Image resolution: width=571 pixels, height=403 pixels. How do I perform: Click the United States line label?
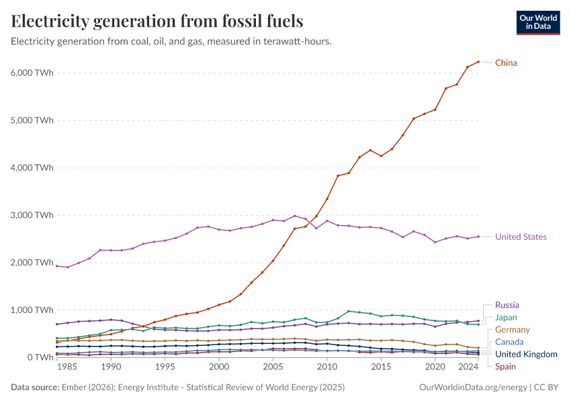tap(521, 237)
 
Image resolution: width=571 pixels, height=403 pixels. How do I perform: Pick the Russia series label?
tap(507, 305)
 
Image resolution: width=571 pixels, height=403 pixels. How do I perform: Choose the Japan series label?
tap(506, 318)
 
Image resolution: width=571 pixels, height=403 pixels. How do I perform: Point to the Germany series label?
tap(512, 330)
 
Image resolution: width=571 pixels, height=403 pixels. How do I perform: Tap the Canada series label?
tap(509, 343)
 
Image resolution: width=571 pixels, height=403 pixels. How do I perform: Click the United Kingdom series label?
tap(526, 354)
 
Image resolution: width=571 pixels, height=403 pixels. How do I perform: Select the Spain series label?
tap(505, 366)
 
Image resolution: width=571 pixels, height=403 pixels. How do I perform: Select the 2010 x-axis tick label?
tap(327, 368)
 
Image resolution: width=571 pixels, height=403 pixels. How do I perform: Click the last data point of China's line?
tap(478, 62)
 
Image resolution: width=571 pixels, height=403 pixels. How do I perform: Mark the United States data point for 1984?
tap(57, 266)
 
